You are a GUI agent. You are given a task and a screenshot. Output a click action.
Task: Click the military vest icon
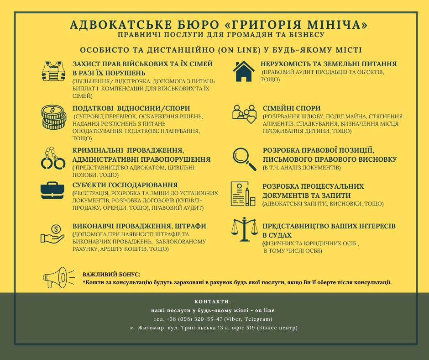click(x=54, y=71)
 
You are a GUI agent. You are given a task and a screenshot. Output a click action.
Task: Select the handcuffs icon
click(x=53, y=158)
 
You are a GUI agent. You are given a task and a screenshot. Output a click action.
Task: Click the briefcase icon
click(x=54, y=190)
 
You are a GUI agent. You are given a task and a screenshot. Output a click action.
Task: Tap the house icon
click(x=243, y=71)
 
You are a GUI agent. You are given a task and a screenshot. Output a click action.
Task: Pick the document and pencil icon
click(x=243, y=194)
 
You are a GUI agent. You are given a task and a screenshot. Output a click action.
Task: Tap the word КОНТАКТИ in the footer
click(x=213, y=302)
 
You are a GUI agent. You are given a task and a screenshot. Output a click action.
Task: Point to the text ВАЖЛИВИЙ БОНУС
click(x=111, y=275)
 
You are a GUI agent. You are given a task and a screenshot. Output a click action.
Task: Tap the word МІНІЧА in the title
click(x=334, y=24)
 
